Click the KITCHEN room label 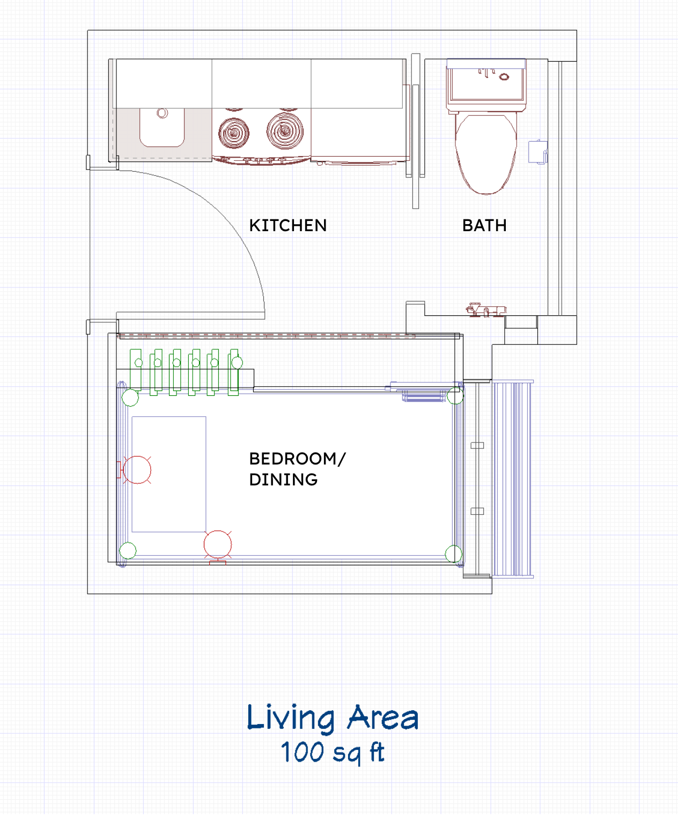pyautogui.click(x=288, y=225)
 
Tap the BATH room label pyautogui.click(x=484, y=225)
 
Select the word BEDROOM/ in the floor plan pyautogui.click(x=297, y=459)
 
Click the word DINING pyautogui.click(x=283, y=480)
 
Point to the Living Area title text pyautogui.click(x=333, y=718)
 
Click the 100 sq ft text pyautogui.click(x=333, y=752)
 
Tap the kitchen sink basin pyautogui.click(x=162, y=129)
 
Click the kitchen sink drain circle pyautogui.click(x=162, y=113)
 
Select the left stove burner pyautogui.click(x=234, y=132)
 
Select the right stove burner pyautogui.click(x=285, y=130)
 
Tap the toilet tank pyautogui.click(x=486, y=83)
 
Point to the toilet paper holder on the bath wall pyautogui.click(x=537, y=151)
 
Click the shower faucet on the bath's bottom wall pyautogui.click(x=485, y=310)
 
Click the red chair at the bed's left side pyautogui.click(x=137, y=470)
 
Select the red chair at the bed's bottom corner pyautogui.click(x=218, y=544)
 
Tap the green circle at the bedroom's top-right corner pyautogui.click(x=455, y=396)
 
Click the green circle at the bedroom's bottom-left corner pyautogui.click(x=128, y=550)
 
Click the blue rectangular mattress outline pyautogui.click(x=169, y=474)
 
